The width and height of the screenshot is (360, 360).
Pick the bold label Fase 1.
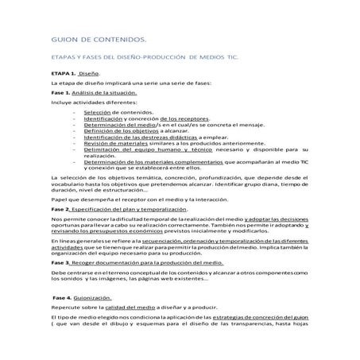tap(60, 93)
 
